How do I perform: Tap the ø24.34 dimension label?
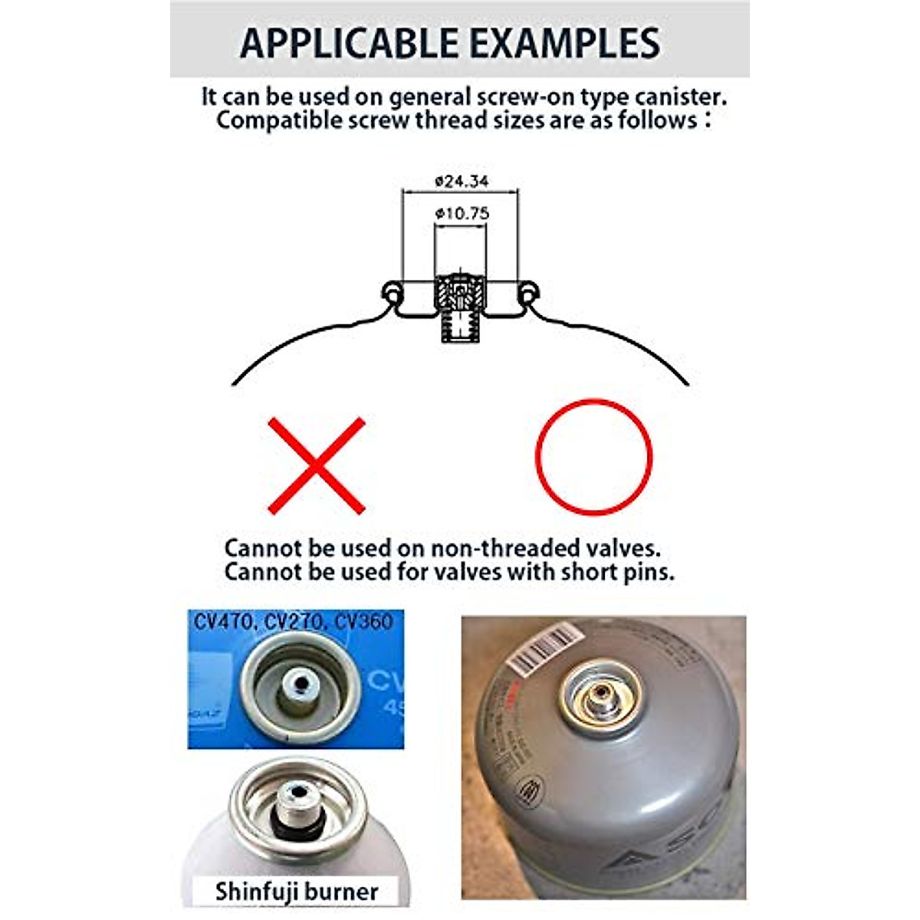click(x=461, y=182)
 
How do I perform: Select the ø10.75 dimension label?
click(x=461, y=214)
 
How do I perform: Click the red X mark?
click(x=317, y=465)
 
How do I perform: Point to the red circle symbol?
click(x=593, y=457)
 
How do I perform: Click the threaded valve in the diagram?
click(x=459, y=307)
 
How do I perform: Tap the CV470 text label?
click(x=223, y=621)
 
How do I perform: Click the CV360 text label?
click(x=364, y=621)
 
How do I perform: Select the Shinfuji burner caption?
click(x=296, y=892)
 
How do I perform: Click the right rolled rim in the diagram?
click(x=528, y=293)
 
